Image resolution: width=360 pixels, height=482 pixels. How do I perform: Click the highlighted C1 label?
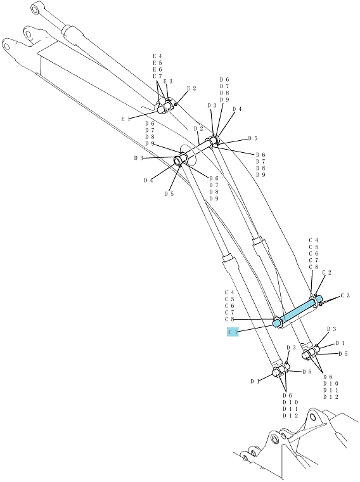point(233,332)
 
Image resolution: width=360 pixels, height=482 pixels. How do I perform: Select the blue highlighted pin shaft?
point(297,311)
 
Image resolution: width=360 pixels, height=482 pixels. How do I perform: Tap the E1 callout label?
point(125,119)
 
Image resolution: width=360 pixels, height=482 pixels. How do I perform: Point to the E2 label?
point(191,89)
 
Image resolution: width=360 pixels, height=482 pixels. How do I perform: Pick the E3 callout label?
point(168,81)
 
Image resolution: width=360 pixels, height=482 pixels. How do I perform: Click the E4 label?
point(158,56)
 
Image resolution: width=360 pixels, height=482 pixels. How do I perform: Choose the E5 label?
point(158,63)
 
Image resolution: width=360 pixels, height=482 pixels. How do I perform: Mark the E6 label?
point(158,70)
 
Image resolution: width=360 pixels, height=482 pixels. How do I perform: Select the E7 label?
point(158,76)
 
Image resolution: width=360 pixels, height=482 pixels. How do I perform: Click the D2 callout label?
point(199,128)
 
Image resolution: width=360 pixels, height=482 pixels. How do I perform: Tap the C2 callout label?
point(327,273)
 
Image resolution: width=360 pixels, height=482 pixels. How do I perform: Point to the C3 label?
point(345,296)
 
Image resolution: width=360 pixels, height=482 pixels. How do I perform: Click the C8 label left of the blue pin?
point(229,320)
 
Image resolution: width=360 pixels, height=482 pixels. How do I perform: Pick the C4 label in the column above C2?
point(314,240)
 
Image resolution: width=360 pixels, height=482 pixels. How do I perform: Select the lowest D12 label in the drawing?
point(290,416)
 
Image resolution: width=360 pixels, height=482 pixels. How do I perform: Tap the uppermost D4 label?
point(237,109)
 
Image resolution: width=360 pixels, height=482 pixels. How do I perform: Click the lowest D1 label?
point(255,382)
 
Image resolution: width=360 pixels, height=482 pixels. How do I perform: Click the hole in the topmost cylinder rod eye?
point(36,10)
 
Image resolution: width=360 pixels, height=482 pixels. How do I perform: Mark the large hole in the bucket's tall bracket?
point(312,417)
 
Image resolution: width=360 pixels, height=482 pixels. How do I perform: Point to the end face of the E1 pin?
point(160,110)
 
